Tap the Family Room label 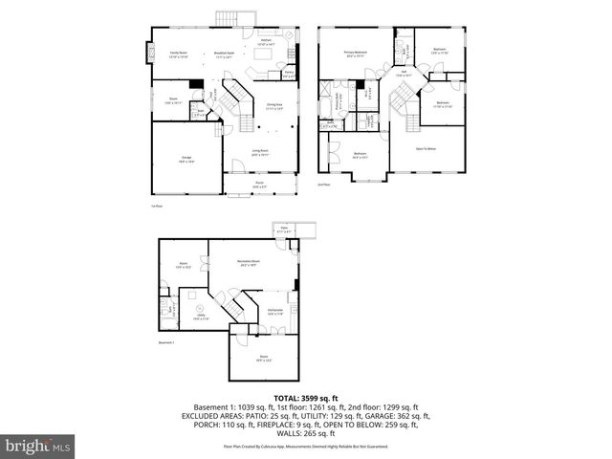(179, 55)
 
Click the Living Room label (258, 151)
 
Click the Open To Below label (426, 148)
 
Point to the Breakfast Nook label (226, 55)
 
